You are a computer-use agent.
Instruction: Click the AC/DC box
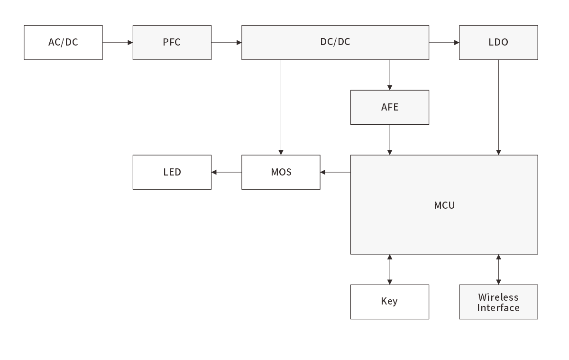[x=63, y=42]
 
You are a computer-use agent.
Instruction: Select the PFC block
[x=172, y=42]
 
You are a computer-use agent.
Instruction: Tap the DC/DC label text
[x=335, y=42]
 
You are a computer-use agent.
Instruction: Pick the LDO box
[x=498, y=42]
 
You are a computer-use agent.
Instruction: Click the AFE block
[x=390, y=107]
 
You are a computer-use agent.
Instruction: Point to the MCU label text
[x=444, y=205]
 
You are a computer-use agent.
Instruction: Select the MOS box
[x=281, y=172]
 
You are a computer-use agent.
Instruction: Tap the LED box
[x=172, y=172]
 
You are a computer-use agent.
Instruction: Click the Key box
[x=390, y=302]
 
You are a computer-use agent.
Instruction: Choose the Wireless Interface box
[x=498, y=302]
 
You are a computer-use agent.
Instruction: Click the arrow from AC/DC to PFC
[x=118, y=43]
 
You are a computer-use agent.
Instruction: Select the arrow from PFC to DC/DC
[x=227, y=43]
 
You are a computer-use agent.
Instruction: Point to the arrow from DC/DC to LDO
[x=444, y=43]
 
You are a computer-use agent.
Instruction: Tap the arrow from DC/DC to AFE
[x=390, y=75]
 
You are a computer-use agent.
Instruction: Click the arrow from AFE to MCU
[x=390, y=140]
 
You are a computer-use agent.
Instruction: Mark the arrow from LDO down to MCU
[x=498, y=108]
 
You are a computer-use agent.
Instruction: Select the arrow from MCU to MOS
[x=335, y=172]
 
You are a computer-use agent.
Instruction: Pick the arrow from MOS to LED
[x=227, y=172]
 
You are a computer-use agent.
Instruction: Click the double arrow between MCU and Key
[x=390, y=269]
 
